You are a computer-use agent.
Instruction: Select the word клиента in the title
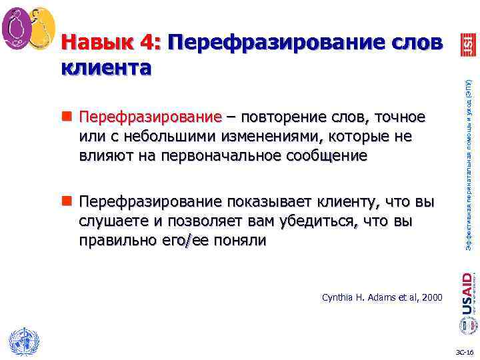(x=106, y=67)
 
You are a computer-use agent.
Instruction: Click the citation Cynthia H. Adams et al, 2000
(x=382, y=297)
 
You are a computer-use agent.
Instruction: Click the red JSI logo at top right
(x=467, y=45)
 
